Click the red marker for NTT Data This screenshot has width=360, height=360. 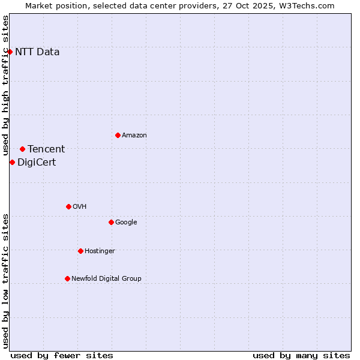(x=10, y=52)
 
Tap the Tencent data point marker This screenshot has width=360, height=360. (x=22, y=149)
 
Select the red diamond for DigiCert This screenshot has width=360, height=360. (x=12, y=162)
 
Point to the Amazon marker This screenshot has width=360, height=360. (x=118, y=135)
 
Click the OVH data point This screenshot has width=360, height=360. (x=68, y=206)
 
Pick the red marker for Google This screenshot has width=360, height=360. (x=111, y=222)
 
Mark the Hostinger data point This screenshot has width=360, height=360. (x=80, y=251)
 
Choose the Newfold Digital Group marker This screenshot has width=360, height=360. (x=67, y=278)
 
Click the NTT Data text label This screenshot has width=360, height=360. (x=37, y=52)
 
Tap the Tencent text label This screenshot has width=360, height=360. (x=46, y=149)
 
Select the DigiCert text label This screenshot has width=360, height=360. (x=37, y=162)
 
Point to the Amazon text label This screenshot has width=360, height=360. (x=134, y=135)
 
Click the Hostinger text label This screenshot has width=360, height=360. (x=100, y=251)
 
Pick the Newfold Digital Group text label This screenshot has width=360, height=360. (x=106, y=278)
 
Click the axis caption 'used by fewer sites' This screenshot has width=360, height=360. (x=62, y=355)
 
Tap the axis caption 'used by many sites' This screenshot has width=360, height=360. (x=301, y=355)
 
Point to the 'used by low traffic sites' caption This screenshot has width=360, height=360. (x=6, y=281)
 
